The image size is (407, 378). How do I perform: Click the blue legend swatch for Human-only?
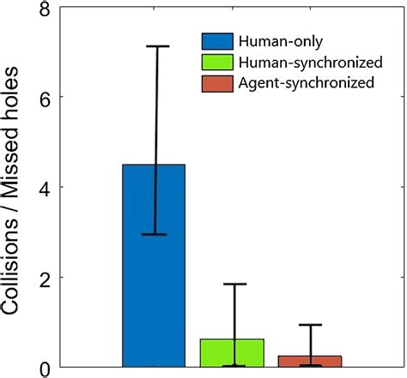point(219,41)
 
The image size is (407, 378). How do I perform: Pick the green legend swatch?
point(219,62)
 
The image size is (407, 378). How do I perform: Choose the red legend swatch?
point(219,83)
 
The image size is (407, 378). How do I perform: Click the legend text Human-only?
point(278,41)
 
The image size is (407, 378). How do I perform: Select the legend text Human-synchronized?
point(310,62)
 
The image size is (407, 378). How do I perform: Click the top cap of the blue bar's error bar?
point(155,46)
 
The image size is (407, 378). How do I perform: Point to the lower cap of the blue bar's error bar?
point(155,234)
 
